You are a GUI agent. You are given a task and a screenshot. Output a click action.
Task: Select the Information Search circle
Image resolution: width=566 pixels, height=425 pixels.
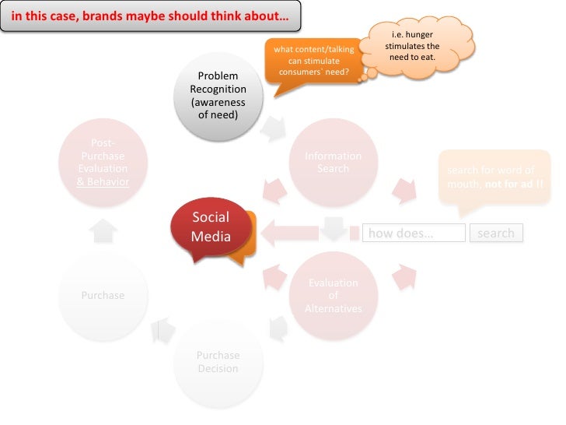(333, 163)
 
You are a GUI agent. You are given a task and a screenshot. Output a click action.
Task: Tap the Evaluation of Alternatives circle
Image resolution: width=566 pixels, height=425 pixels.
(333, 296)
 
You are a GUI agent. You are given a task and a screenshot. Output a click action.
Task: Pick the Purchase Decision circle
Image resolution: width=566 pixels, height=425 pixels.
(218, 361)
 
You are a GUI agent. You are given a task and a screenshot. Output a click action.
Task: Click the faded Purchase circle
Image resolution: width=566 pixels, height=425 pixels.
(103, 296)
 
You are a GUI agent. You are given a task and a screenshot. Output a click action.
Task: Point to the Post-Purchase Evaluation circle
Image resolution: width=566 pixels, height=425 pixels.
(104, 163)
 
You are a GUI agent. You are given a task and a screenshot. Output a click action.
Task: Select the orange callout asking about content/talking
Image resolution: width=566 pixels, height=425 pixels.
(313, 61)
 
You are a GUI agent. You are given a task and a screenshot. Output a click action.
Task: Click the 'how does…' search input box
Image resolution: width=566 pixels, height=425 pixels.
(414, 233)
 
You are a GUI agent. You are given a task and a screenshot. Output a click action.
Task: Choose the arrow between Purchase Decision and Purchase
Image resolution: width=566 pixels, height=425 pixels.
(163, 330)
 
